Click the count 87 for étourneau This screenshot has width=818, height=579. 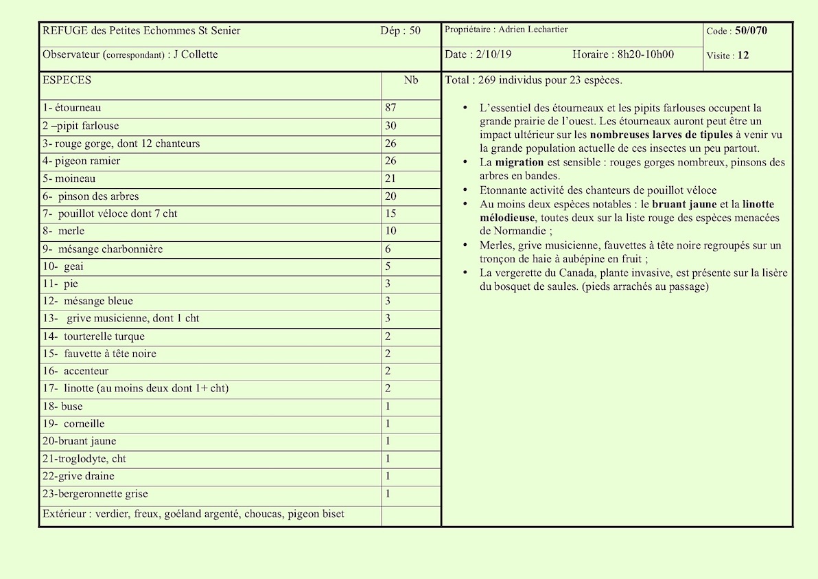click(x=391, y=108)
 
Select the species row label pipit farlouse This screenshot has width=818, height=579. click(x=83, y=126)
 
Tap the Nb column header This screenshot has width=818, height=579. click(x=410, y=80)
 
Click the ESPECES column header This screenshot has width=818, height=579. click(x=67, y=80)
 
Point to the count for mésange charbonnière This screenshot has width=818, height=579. click(x=388, y=249)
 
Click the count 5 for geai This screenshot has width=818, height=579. click(x=388, y=266)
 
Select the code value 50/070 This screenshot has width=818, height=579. click(x=751, y=31)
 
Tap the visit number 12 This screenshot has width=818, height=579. click(x=743, y=56)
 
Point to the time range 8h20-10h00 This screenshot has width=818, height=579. click(x=645, y=55)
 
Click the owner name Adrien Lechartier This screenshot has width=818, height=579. click(x=533, y=30)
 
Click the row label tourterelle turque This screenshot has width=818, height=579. click(x=104, y=337)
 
